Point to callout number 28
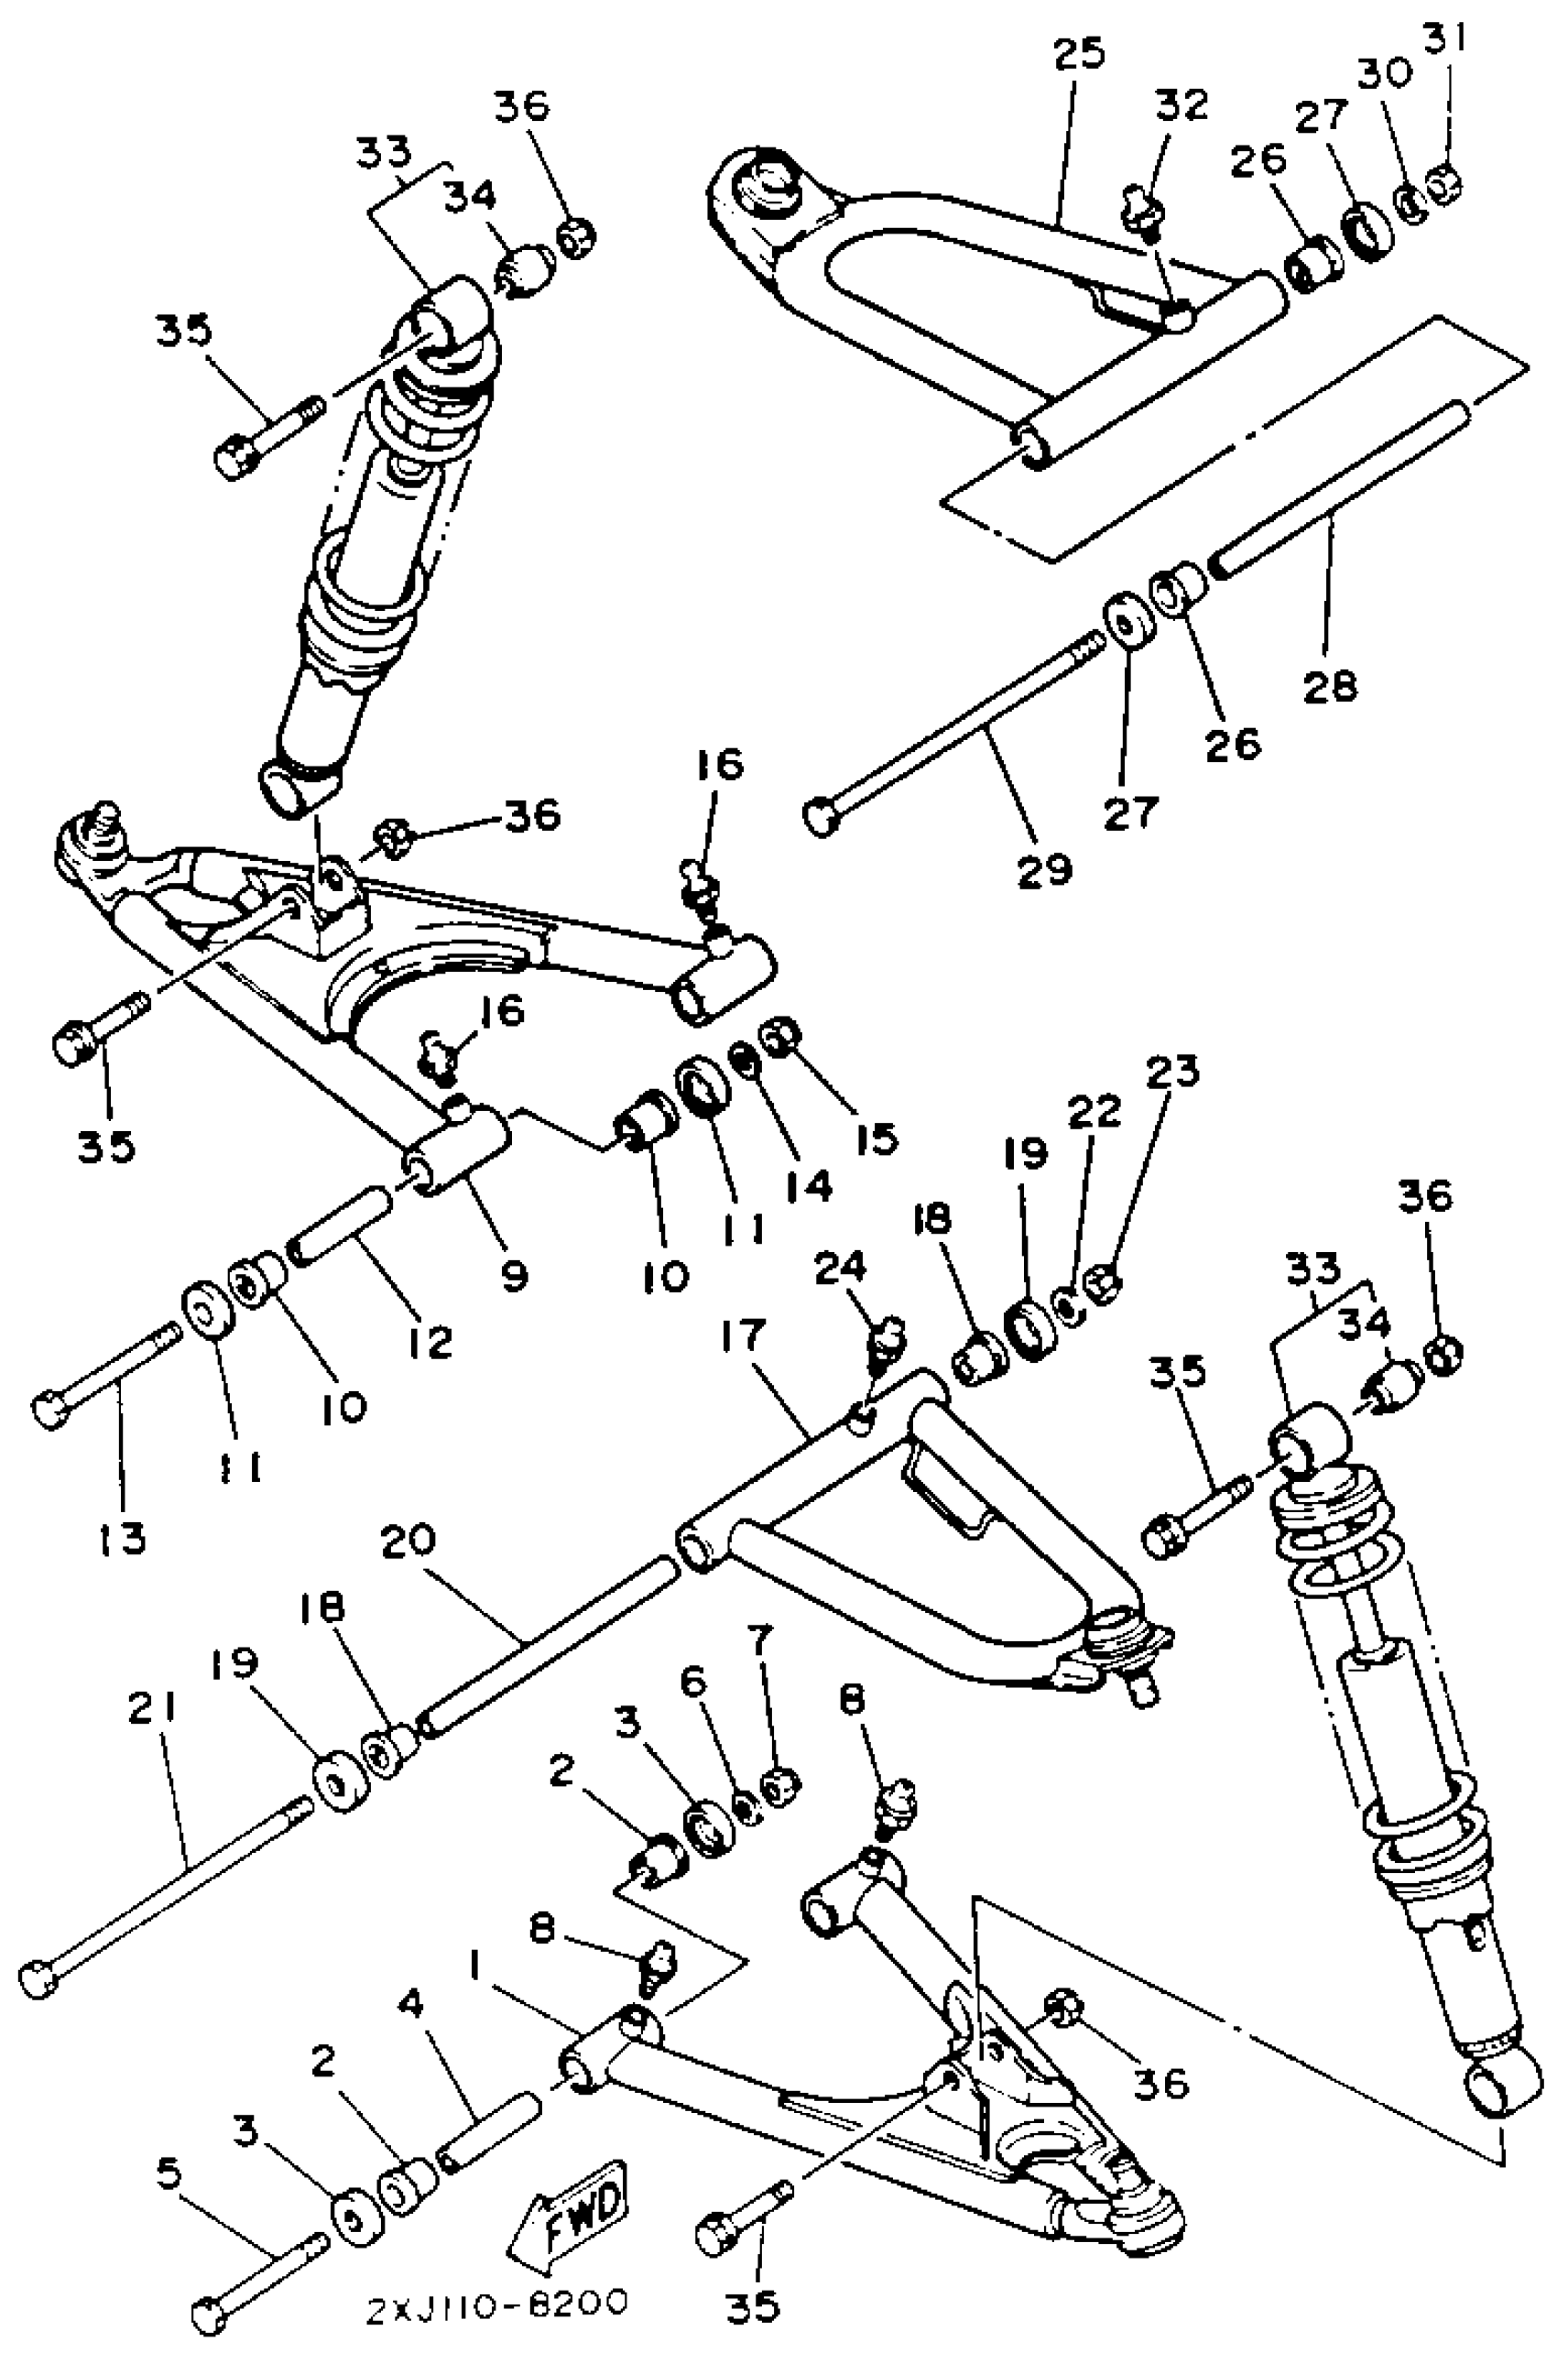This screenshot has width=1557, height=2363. [x=1330, y=685]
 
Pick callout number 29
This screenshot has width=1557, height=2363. [x=1045, y=870]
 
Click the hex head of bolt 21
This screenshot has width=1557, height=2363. [x=40, y=1978]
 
